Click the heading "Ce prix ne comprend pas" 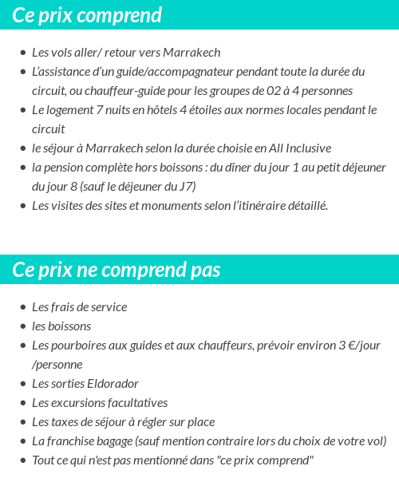pos(117,270)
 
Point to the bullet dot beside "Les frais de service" pos(22,308)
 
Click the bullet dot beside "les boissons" pos(22,327)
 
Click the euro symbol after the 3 pos(350,346)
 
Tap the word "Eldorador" pos(113,384)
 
